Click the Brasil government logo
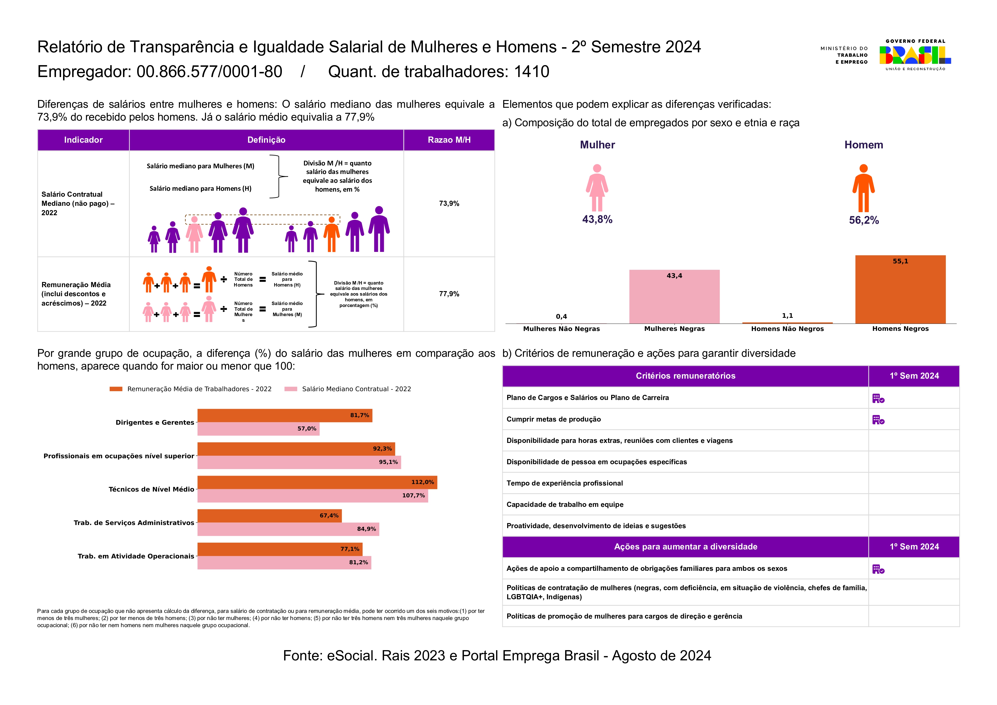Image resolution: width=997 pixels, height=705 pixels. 915,55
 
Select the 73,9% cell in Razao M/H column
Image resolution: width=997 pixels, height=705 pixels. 449,203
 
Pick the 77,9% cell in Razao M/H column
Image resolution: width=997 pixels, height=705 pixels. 449,294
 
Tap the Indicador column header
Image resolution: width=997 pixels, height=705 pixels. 83,140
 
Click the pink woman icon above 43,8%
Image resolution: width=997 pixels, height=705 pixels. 597,188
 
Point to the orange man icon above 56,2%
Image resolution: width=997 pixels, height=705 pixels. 863,188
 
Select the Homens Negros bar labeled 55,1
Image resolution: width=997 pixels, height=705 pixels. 900,290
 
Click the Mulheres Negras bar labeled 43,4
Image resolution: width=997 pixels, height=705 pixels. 674,297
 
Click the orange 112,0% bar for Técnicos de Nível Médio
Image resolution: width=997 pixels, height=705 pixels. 317,482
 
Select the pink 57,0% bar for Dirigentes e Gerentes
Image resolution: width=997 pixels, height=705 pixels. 258,429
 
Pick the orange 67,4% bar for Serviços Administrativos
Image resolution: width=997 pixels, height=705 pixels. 269,516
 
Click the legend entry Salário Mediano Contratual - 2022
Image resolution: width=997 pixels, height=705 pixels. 356,389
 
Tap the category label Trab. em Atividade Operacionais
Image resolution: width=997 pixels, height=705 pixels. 136,556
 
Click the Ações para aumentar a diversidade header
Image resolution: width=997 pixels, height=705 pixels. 685,547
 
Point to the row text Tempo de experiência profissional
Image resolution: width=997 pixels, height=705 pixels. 565,483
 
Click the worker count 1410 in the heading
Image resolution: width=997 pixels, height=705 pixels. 532,72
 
